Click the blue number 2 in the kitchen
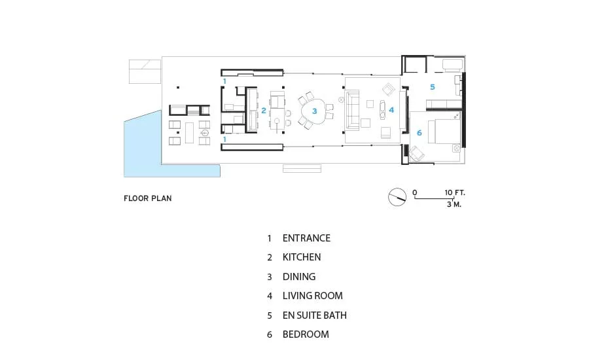pos(264,111)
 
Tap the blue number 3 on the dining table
pos(314,111)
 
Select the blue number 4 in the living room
pos(391,110)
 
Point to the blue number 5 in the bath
pos(433,87)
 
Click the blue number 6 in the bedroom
pos(419,133)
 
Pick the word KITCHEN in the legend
pos(302,257)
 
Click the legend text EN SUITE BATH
pos(314,315)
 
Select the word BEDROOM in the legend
pos(306,334)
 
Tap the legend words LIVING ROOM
pos(313,296)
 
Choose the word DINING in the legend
pos(299,277)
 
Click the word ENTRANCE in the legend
pos(306,238)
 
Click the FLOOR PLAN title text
pos(148,198)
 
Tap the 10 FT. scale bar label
pos(455,193)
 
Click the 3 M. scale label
pos(454,204)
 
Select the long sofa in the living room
pos(352,110)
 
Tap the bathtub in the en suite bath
pos(453,65)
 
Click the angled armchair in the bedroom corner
pos(417,153)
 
